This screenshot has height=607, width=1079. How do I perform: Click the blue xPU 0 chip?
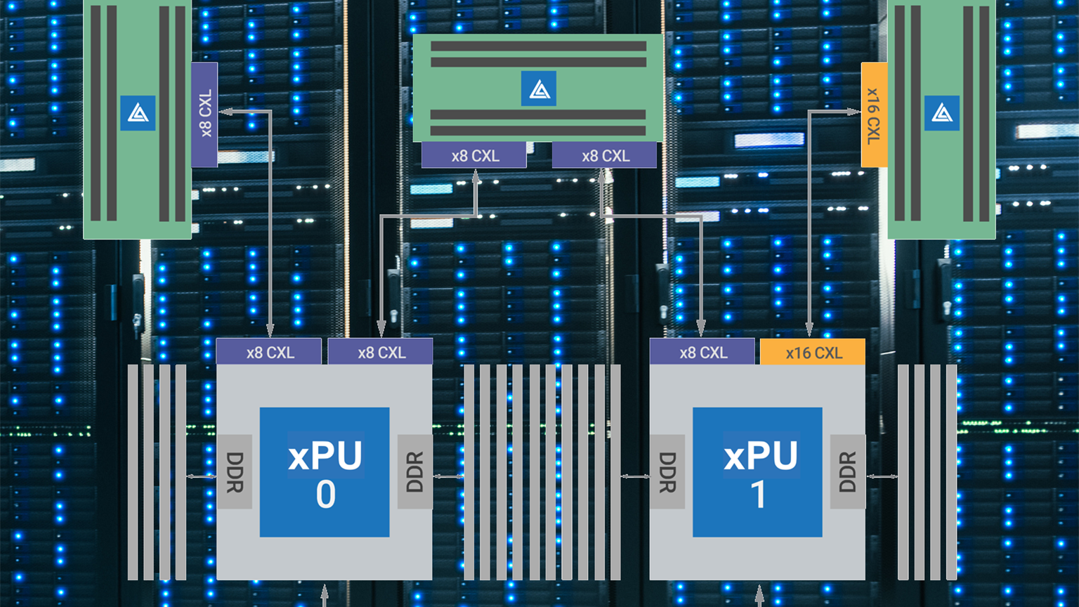[325, 472]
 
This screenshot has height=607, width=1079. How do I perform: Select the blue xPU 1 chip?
[757, 472]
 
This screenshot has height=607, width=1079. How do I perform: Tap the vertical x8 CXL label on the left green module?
[204, 115]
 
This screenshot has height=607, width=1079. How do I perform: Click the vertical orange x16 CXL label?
[874, 115]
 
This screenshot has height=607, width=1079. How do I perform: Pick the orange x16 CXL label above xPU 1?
[813, 352]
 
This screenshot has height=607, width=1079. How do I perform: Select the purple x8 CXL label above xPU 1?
[702, 352]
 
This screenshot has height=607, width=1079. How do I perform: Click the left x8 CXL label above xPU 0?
[269, 352]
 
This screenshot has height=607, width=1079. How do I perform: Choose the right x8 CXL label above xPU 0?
[381, 352]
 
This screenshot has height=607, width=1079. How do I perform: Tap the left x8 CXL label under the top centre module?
[474, 155]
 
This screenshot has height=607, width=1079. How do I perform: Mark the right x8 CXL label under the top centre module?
[605, 155]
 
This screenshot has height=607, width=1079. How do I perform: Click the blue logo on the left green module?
[138, 113]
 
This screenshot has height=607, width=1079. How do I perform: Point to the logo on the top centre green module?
[539, 89]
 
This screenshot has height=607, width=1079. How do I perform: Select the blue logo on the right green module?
[941, 113]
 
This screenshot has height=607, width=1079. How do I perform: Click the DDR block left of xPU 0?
[235, 472]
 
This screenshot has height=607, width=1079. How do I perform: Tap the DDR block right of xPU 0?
[415, 472]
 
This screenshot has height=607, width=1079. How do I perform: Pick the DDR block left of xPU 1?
[667, 472]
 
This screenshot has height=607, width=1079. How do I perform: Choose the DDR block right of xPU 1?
[848, 472]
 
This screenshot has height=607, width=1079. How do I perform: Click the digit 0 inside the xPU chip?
[325, 495]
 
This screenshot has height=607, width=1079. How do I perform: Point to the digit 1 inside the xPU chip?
[758, 495]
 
